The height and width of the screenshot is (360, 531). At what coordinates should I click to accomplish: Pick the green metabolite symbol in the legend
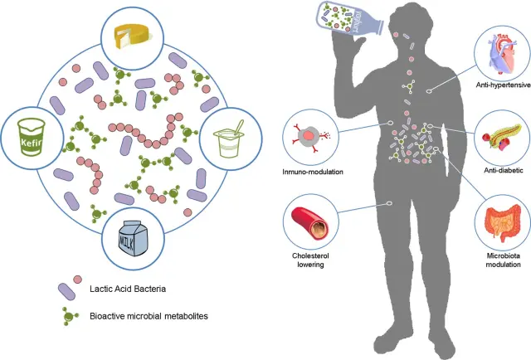tap(68, 317)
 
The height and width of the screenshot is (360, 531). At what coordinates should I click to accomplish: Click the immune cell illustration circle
tap(309, 137)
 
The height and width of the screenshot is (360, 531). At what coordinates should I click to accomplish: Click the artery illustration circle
tap(309, 220)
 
